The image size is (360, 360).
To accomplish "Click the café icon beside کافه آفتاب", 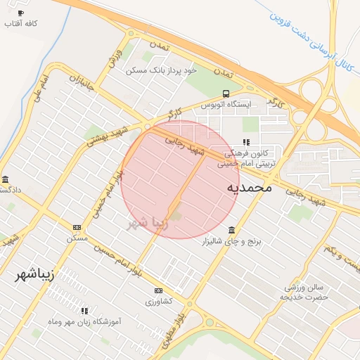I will coord(20,13).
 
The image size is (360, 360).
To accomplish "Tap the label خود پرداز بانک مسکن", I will coord(162,70).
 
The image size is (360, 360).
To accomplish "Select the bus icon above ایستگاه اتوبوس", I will coord(225,94).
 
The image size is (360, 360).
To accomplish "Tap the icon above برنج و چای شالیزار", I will coord(232,230).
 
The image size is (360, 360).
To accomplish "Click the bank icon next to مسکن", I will coord(77,227).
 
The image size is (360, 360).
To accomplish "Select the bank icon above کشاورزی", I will coord(157,290).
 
